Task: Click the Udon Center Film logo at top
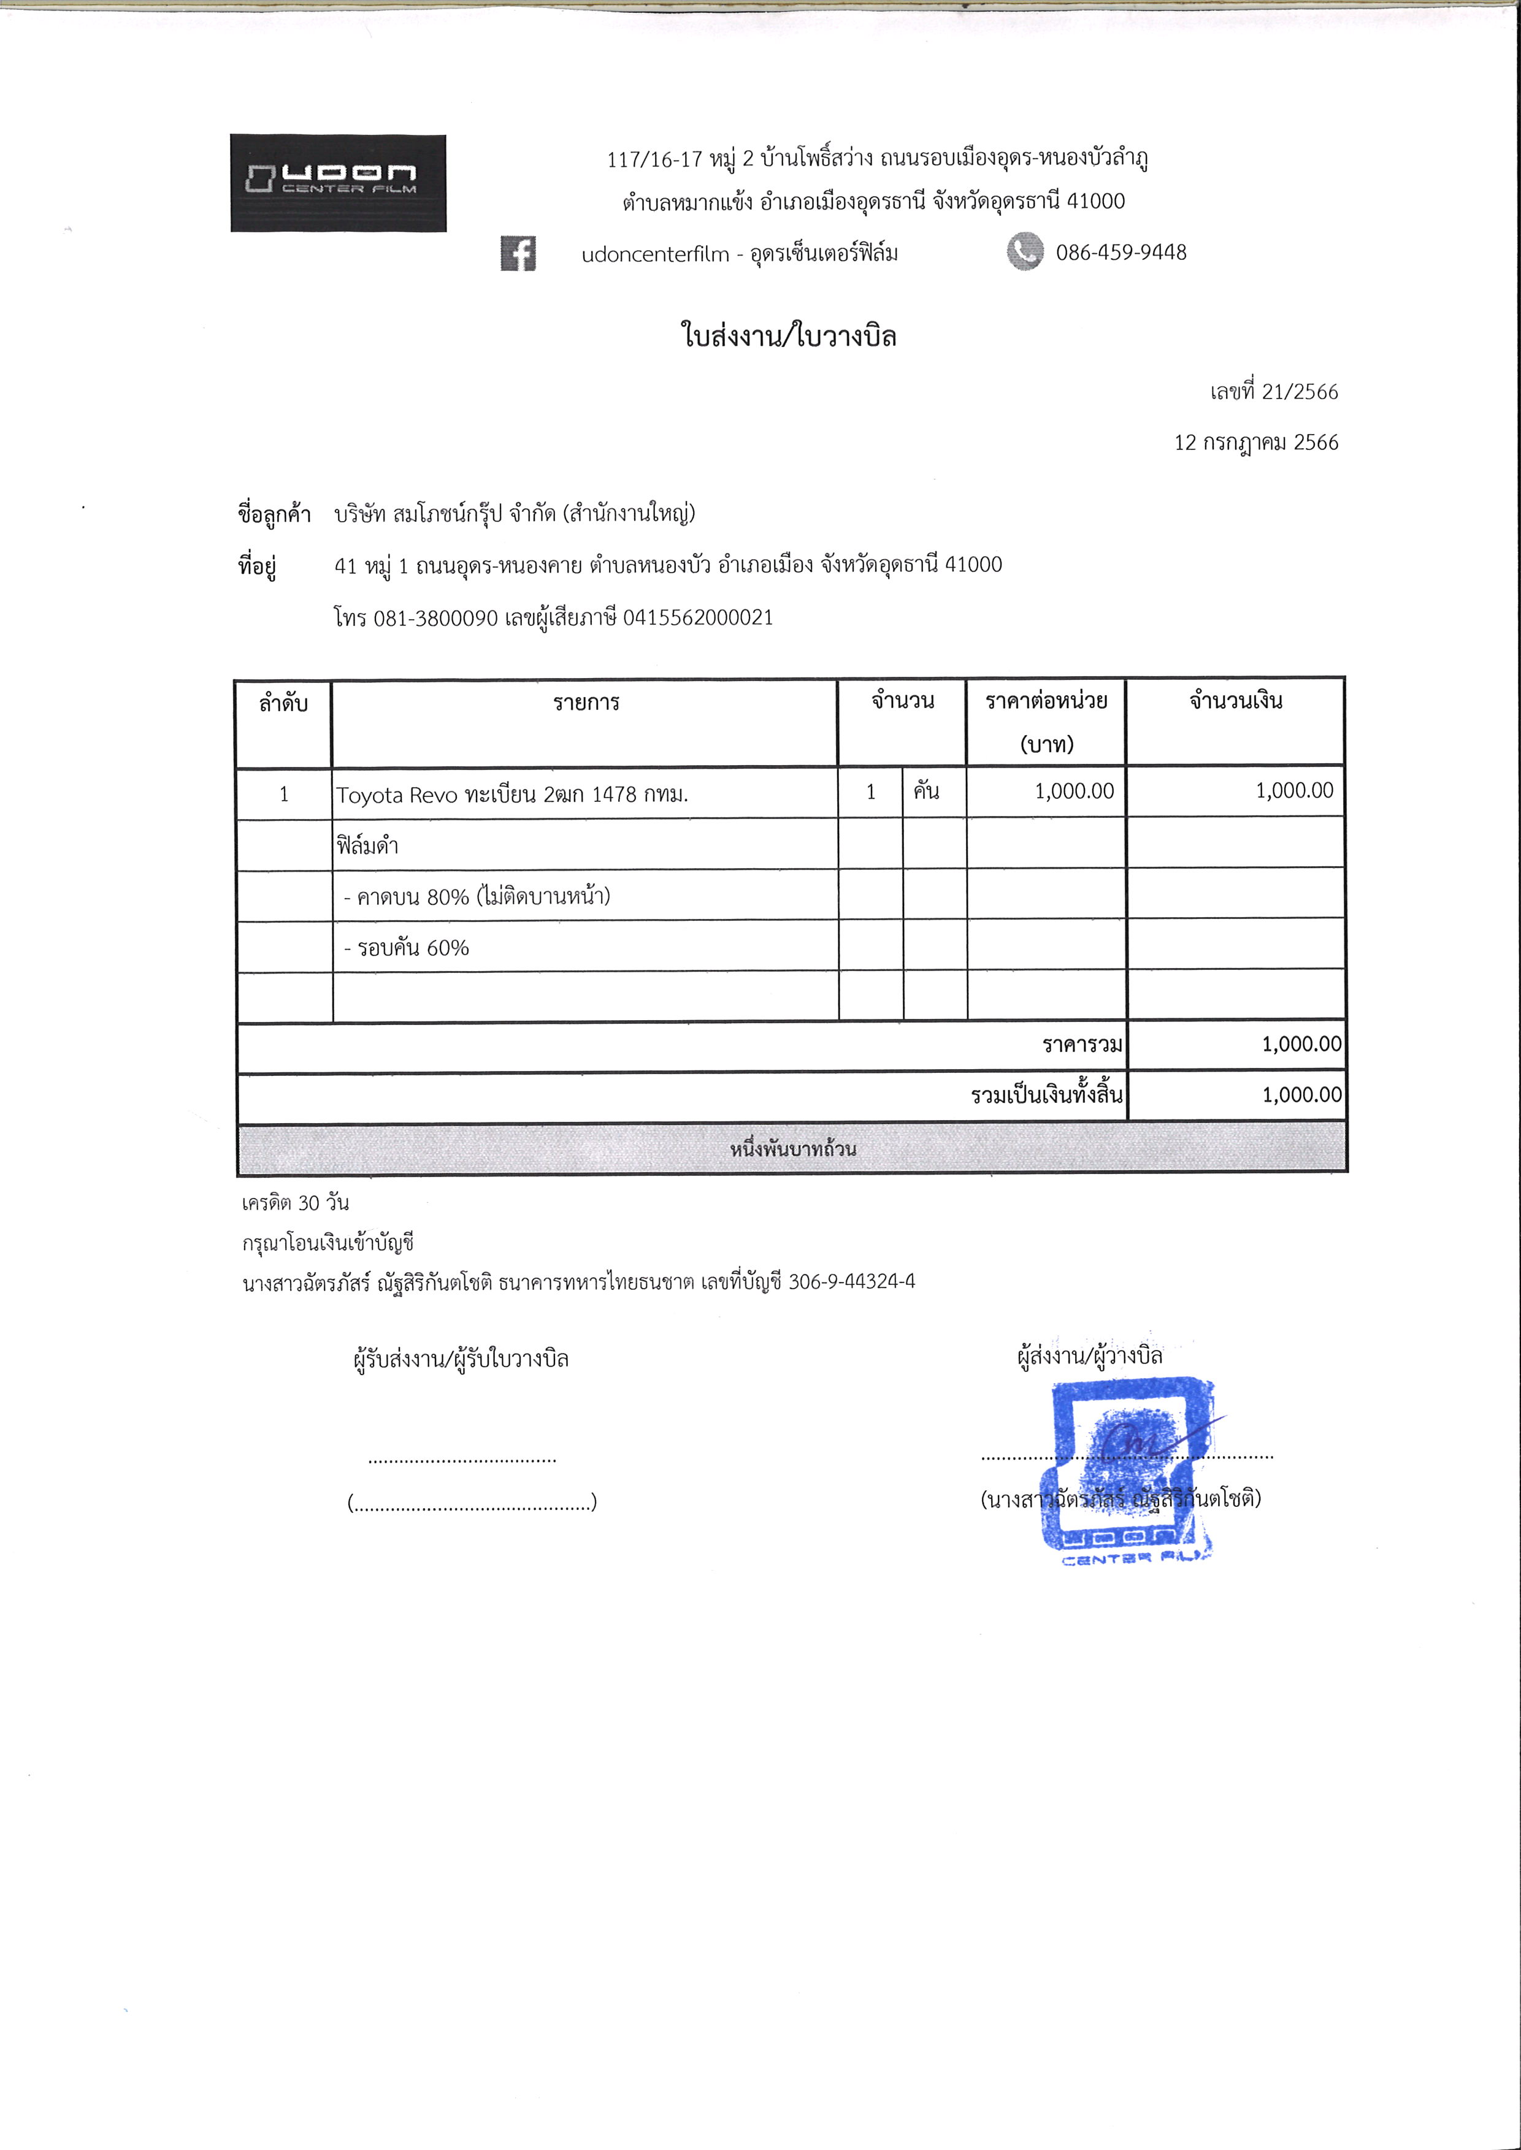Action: point(338,183)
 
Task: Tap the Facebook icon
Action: point(518,253)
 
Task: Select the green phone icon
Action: point(1025,252)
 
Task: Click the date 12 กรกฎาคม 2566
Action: point(1256,442)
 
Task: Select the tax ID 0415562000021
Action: point(698,617)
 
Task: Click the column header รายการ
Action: point(585,703)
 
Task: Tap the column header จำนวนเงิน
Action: point(1235,701)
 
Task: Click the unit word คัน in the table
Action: point(926,791)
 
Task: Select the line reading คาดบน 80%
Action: point(477,897)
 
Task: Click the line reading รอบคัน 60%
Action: point(407,948)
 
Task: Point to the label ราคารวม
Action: point(1082,1044)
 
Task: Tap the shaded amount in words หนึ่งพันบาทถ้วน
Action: point(792,1149)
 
